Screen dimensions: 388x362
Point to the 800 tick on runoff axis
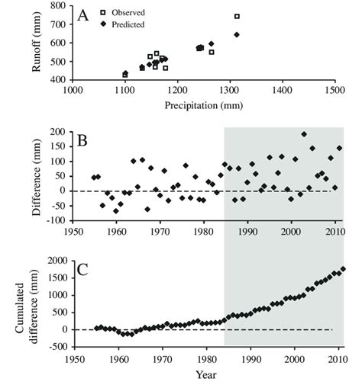(x=57, y=7)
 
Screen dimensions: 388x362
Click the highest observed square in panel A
(x=237, y=16)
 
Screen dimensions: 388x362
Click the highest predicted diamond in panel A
(x=237, y=34)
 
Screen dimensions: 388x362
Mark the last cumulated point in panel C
(x=343, y=268)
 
